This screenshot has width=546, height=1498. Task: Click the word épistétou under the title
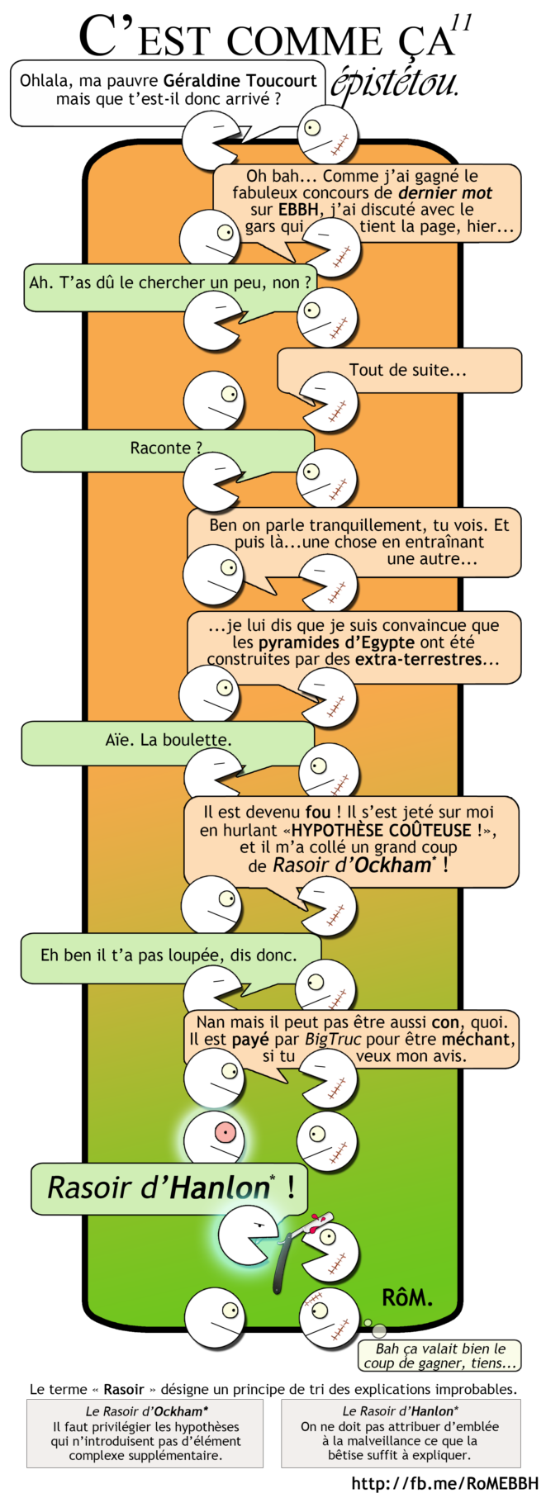[395, 83]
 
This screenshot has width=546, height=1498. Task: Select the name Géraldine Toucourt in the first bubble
[240, 81]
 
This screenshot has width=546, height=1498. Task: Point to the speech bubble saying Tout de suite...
[407, 370]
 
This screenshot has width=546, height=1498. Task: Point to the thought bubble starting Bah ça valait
[439, 1355]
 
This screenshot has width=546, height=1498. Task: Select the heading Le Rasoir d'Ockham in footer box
[147, 1411]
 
